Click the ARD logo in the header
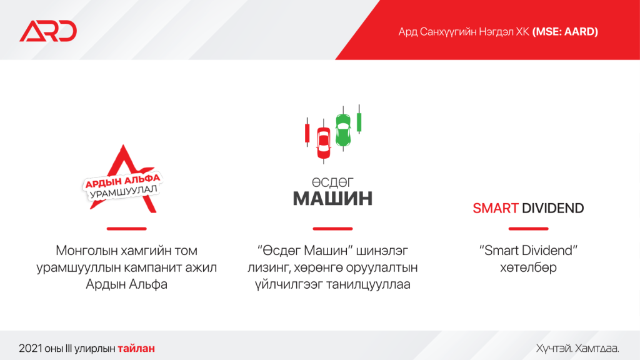(47, 31)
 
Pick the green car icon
(342, 129)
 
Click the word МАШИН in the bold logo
(332, 199)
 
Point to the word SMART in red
(496, 208)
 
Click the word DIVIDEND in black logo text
(553, 208)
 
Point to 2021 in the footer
(29, 348)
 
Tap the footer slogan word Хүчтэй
(552, 348)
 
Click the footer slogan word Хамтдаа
(597, 348)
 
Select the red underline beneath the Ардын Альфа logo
(126, 229)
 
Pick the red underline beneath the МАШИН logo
(332, 229)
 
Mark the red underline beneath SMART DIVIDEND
(528, 229)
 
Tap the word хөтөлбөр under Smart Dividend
(528, 267)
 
